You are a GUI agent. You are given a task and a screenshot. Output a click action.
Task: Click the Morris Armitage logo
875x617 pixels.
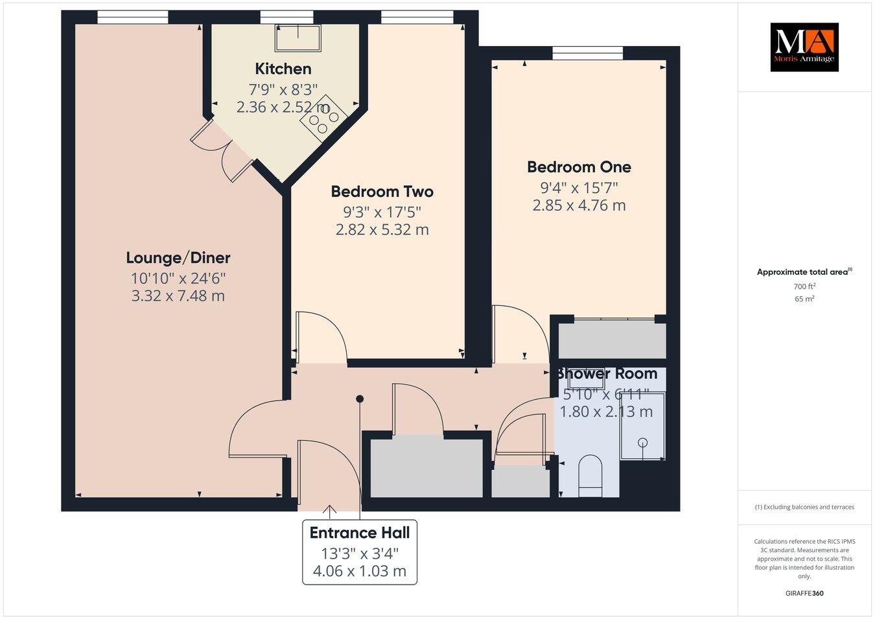[x=804, y=47]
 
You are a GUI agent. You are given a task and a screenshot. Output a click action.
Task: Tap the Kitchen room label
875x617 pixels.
[x=283, y=69]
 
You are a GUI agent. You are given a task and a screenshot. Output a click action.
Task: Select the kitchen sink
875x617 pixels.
[x=298, y=38]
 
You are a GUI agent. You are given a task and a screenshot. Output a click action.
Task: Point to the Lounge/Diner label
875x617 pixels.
[x=178, y=258]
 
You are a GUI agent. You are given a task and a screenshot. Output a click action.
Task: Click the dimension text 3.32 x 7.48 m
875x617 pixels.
[x=178, y=296]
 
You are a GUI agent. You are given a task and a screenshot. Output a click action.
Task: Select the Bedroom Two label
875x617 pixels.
[x=382, y=192]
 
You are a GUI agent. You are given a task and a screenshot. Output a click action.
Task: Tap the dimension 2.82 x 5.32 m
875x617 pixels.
[x=382, y=229]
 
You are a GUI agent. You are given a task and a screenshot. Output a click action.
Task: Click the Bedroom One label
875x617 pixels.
[x=579, y=167]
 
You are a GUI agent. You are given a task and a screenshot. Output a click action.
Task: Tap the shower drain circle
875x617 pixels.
[x=642, y=442]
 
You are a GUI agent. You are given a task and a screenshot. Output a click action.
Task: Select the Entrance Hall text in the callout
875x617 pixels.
[x=360, y=533]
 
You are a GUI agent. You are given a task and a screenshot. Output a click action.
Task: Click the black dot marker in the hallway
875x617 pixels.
[x=360, y=399]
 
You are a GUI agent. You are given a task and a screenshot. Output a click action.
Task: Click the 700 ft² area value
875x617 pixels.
[x=804, y=286]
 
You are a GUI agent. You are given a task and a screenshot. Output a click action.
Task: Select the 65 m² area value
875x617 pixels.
[x=804, y=299]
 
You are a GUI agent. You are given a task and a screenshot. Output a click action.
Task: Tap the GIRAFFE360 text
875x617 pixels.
[x=804, y=593]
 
